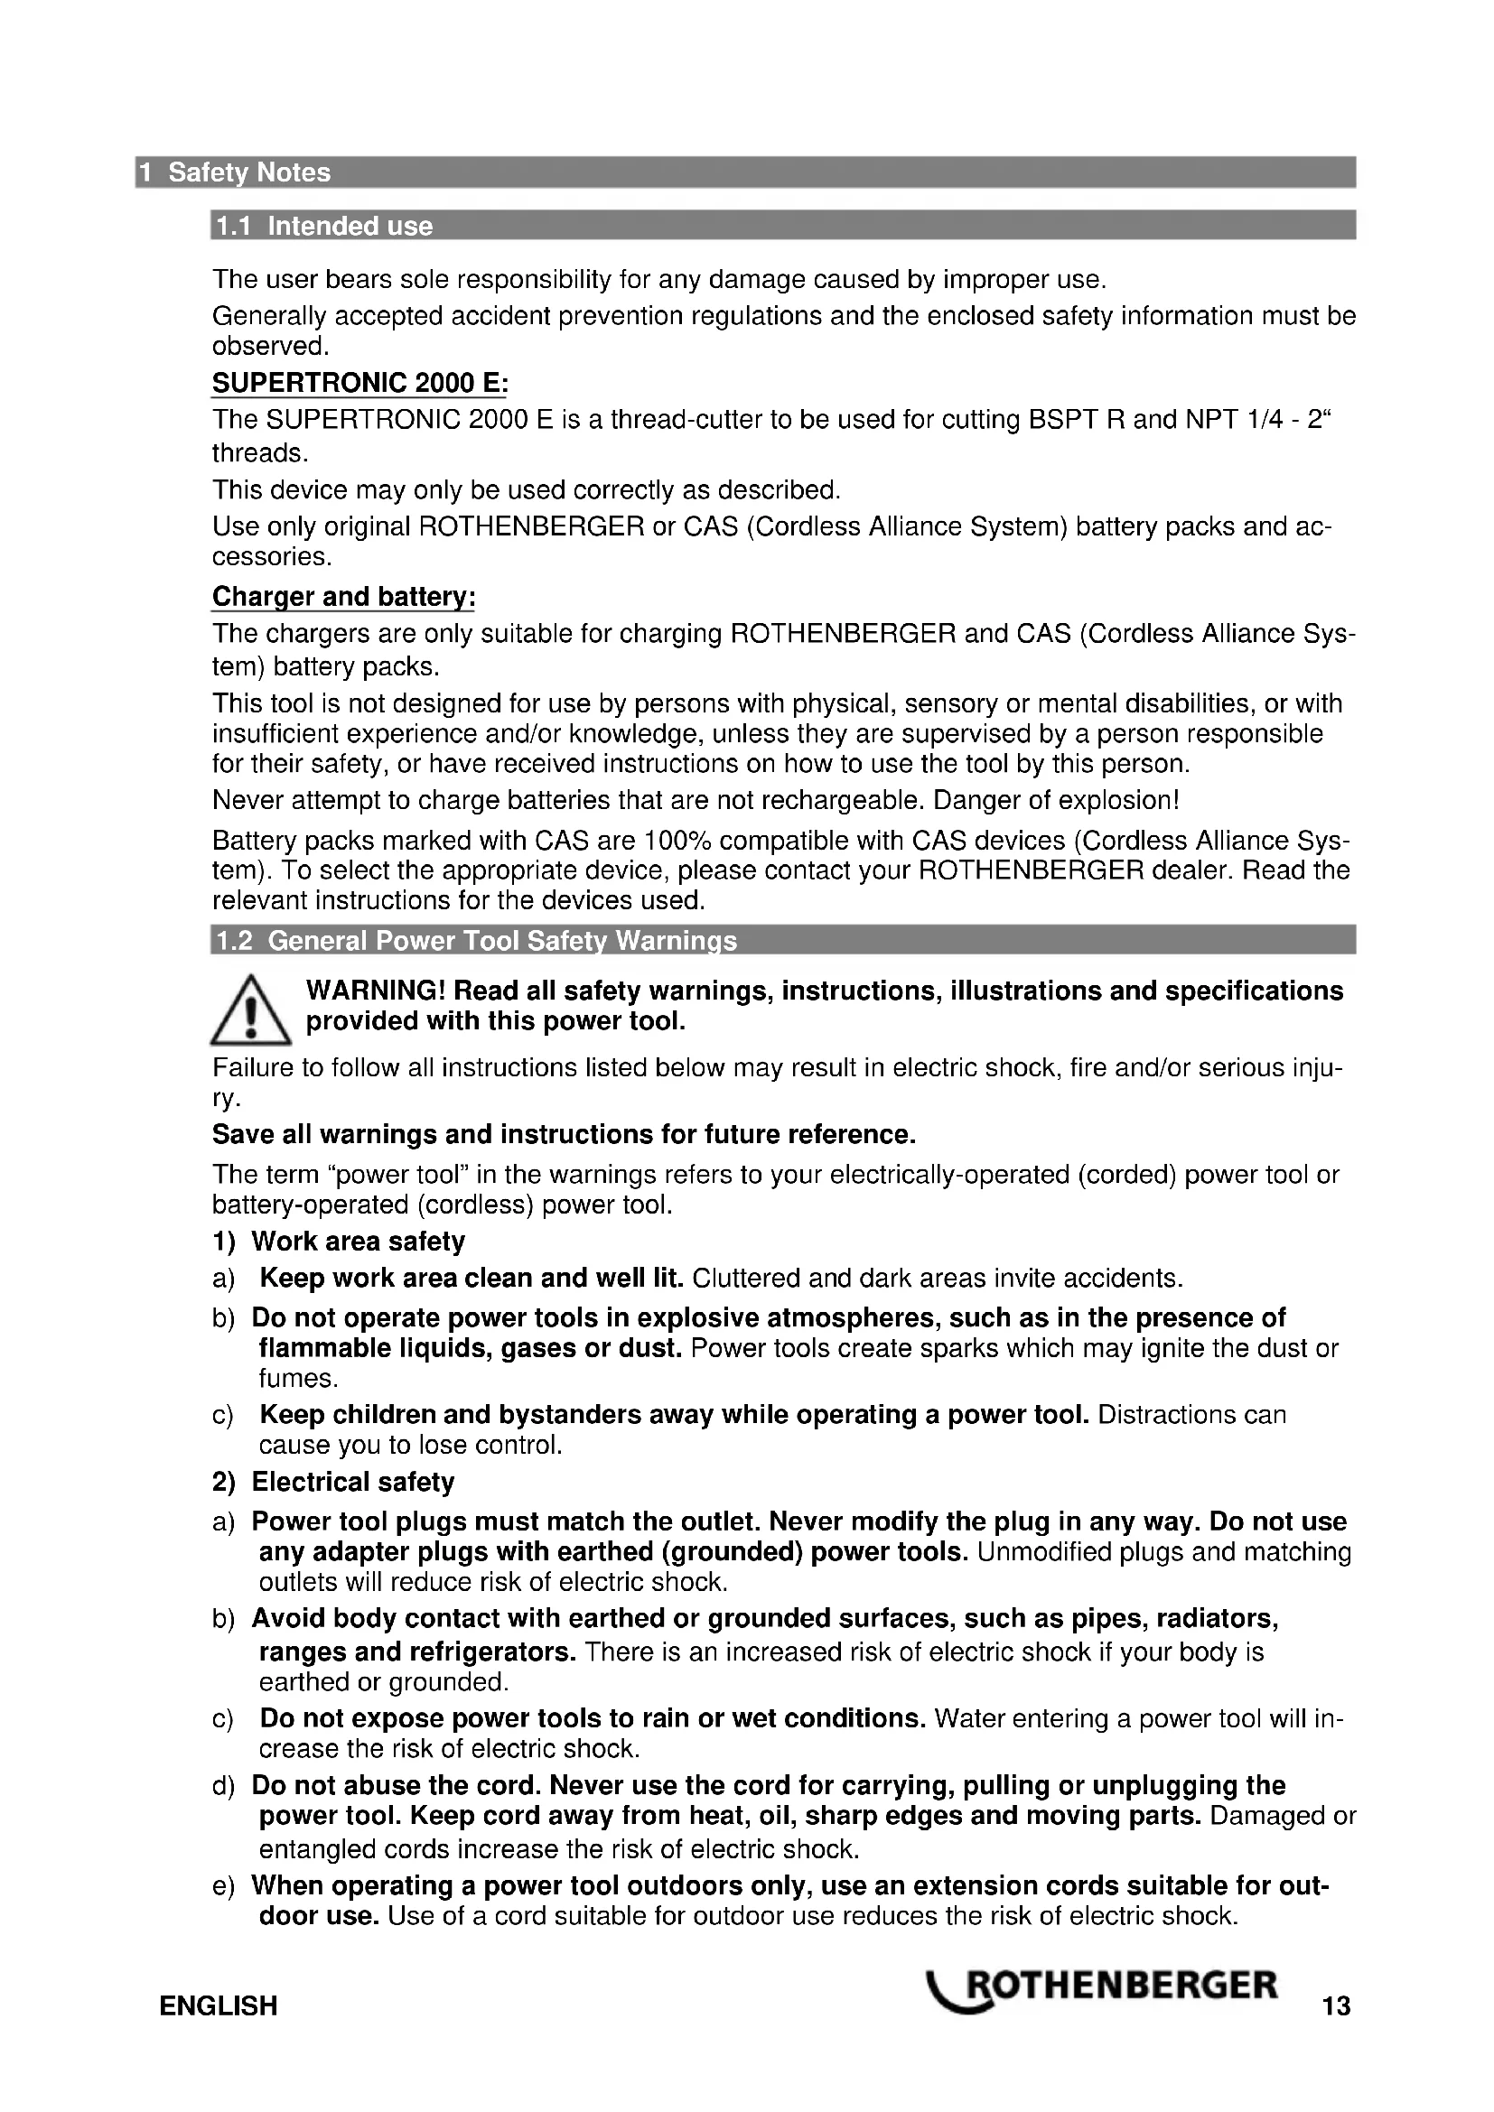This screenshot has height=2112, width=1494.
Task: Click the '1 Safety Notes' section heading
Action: click(236, 173)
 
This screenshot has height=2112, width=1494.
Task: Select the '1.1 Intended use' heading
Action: click(322, 227)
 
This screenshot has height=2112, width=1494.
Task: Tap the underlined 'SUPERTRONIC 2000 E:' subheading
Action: click(359, 383)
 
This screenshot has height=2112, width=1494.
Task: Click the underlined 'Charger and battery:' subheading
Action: click(343, 597)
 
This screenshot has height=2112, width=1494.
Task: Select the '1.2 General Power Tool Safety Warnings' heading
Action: click(475, 941)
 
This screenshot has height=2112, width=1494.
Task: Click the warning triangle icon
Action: click(250, 1012)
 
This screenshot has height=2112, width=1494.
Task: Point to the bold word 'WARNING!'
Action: click(376, 991)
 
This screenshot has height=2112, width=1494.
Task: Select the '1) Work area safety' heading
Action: click(339, 1242)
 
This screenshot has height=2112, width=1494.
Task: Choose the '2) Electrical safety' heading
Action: click(333, 1482)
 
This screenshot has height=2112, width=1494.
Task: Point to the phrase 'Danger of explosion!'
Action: click(1056, 800)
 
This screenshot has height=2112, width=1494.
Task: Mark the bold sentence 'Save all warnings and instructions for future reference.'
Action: click(564, 1134)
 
